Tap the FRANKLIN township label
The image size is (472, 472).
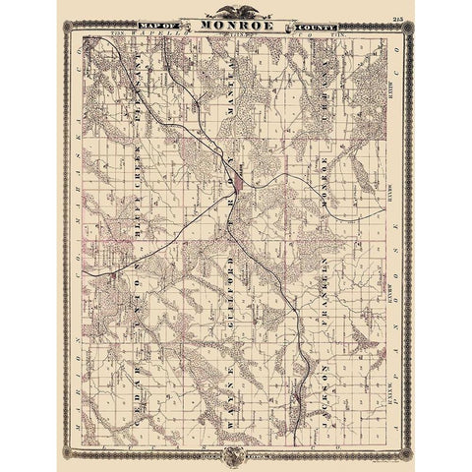click(x=323, y=295)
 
